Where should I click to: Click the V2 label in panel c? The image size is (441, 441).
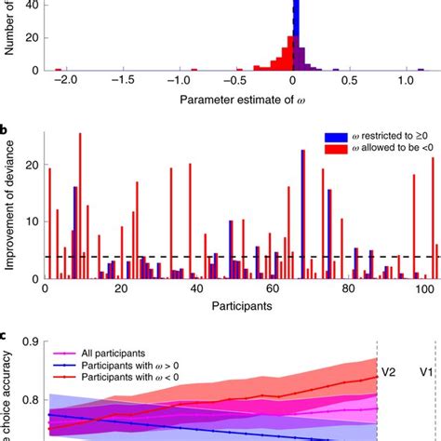[388, 371]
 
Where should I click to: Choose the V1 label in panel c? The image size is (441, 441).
[425, 371]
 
